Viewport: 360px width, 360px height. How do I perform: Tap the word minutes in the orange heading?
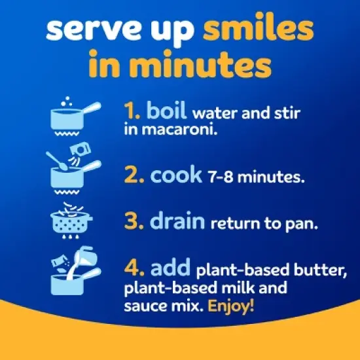click(x=200, y=63)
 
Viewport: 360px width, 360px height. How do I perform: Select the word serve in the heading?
click(x=93, y=29)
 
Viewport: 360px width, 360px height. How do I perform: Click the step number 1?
click(x=132, y=111)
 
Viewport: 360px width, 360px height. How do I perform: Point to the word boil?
click(x=166, y=110)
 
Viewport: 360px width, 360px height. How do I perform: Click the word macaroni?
click(x=179, y=129)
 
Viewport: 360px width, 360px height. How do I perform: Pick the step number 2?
click(x=134, y=175)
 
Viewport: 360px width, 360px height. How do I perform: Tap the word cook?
click(x=176, y=174)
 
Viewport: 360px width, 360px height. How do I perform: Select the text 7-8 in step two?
click(x=220, y=177)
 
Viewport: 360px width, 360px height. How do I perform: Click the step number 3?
click(x=134, y=221)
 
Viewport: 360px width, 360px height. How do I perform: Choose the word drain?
click(x=177, y=220)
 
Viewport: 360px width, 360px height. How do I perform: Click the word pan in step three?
click(x=302, y=225)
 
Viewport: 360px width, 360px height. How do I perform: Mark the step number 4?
click(x=134, y=267)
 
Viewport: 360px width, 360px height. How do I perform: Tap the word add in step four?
click(x=170, y=266)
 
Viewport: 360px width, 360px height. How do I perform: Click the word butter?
click(x=320, y=270)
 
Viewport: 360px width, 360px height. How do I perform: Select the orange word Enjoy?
click(x=231, y=306)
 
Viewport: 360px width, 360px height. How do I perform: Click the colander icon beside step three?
click(x=71, y=221)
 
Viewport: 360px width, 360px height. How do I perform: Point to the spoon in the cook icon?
click(x=56, y=161)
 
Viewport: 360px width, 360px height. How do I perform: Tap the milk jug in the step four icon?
click(x=83, y=259)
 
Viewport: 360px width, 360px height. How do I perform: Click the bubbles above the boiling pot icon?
click(x=67, y=101)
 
